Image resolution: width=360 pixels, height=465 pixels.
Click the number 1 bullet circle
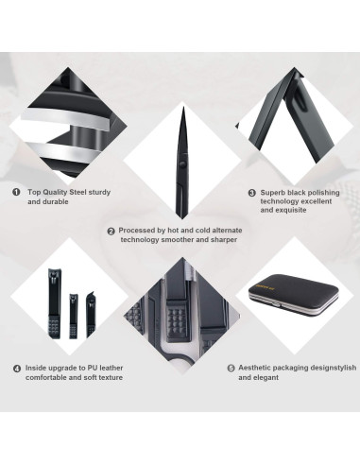coord(16,191)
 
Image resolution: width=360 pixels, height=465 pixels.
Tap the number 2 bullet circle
coord(111,231)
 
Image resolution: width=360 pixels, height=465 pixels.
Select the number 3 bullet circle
coord(251,193)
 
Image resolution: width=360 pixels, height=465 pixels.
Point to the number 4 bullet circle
coord(16,369)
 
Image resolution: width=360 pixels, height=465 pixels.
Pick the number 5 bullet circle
coord(231,369)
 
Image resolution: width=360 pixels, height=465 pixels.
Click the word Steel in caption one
coord(83,191)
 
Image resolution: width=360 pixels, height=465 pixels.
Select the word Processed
coord(142,231)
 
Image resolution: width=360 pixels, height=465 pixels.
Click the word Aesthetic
coord(261,369)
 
